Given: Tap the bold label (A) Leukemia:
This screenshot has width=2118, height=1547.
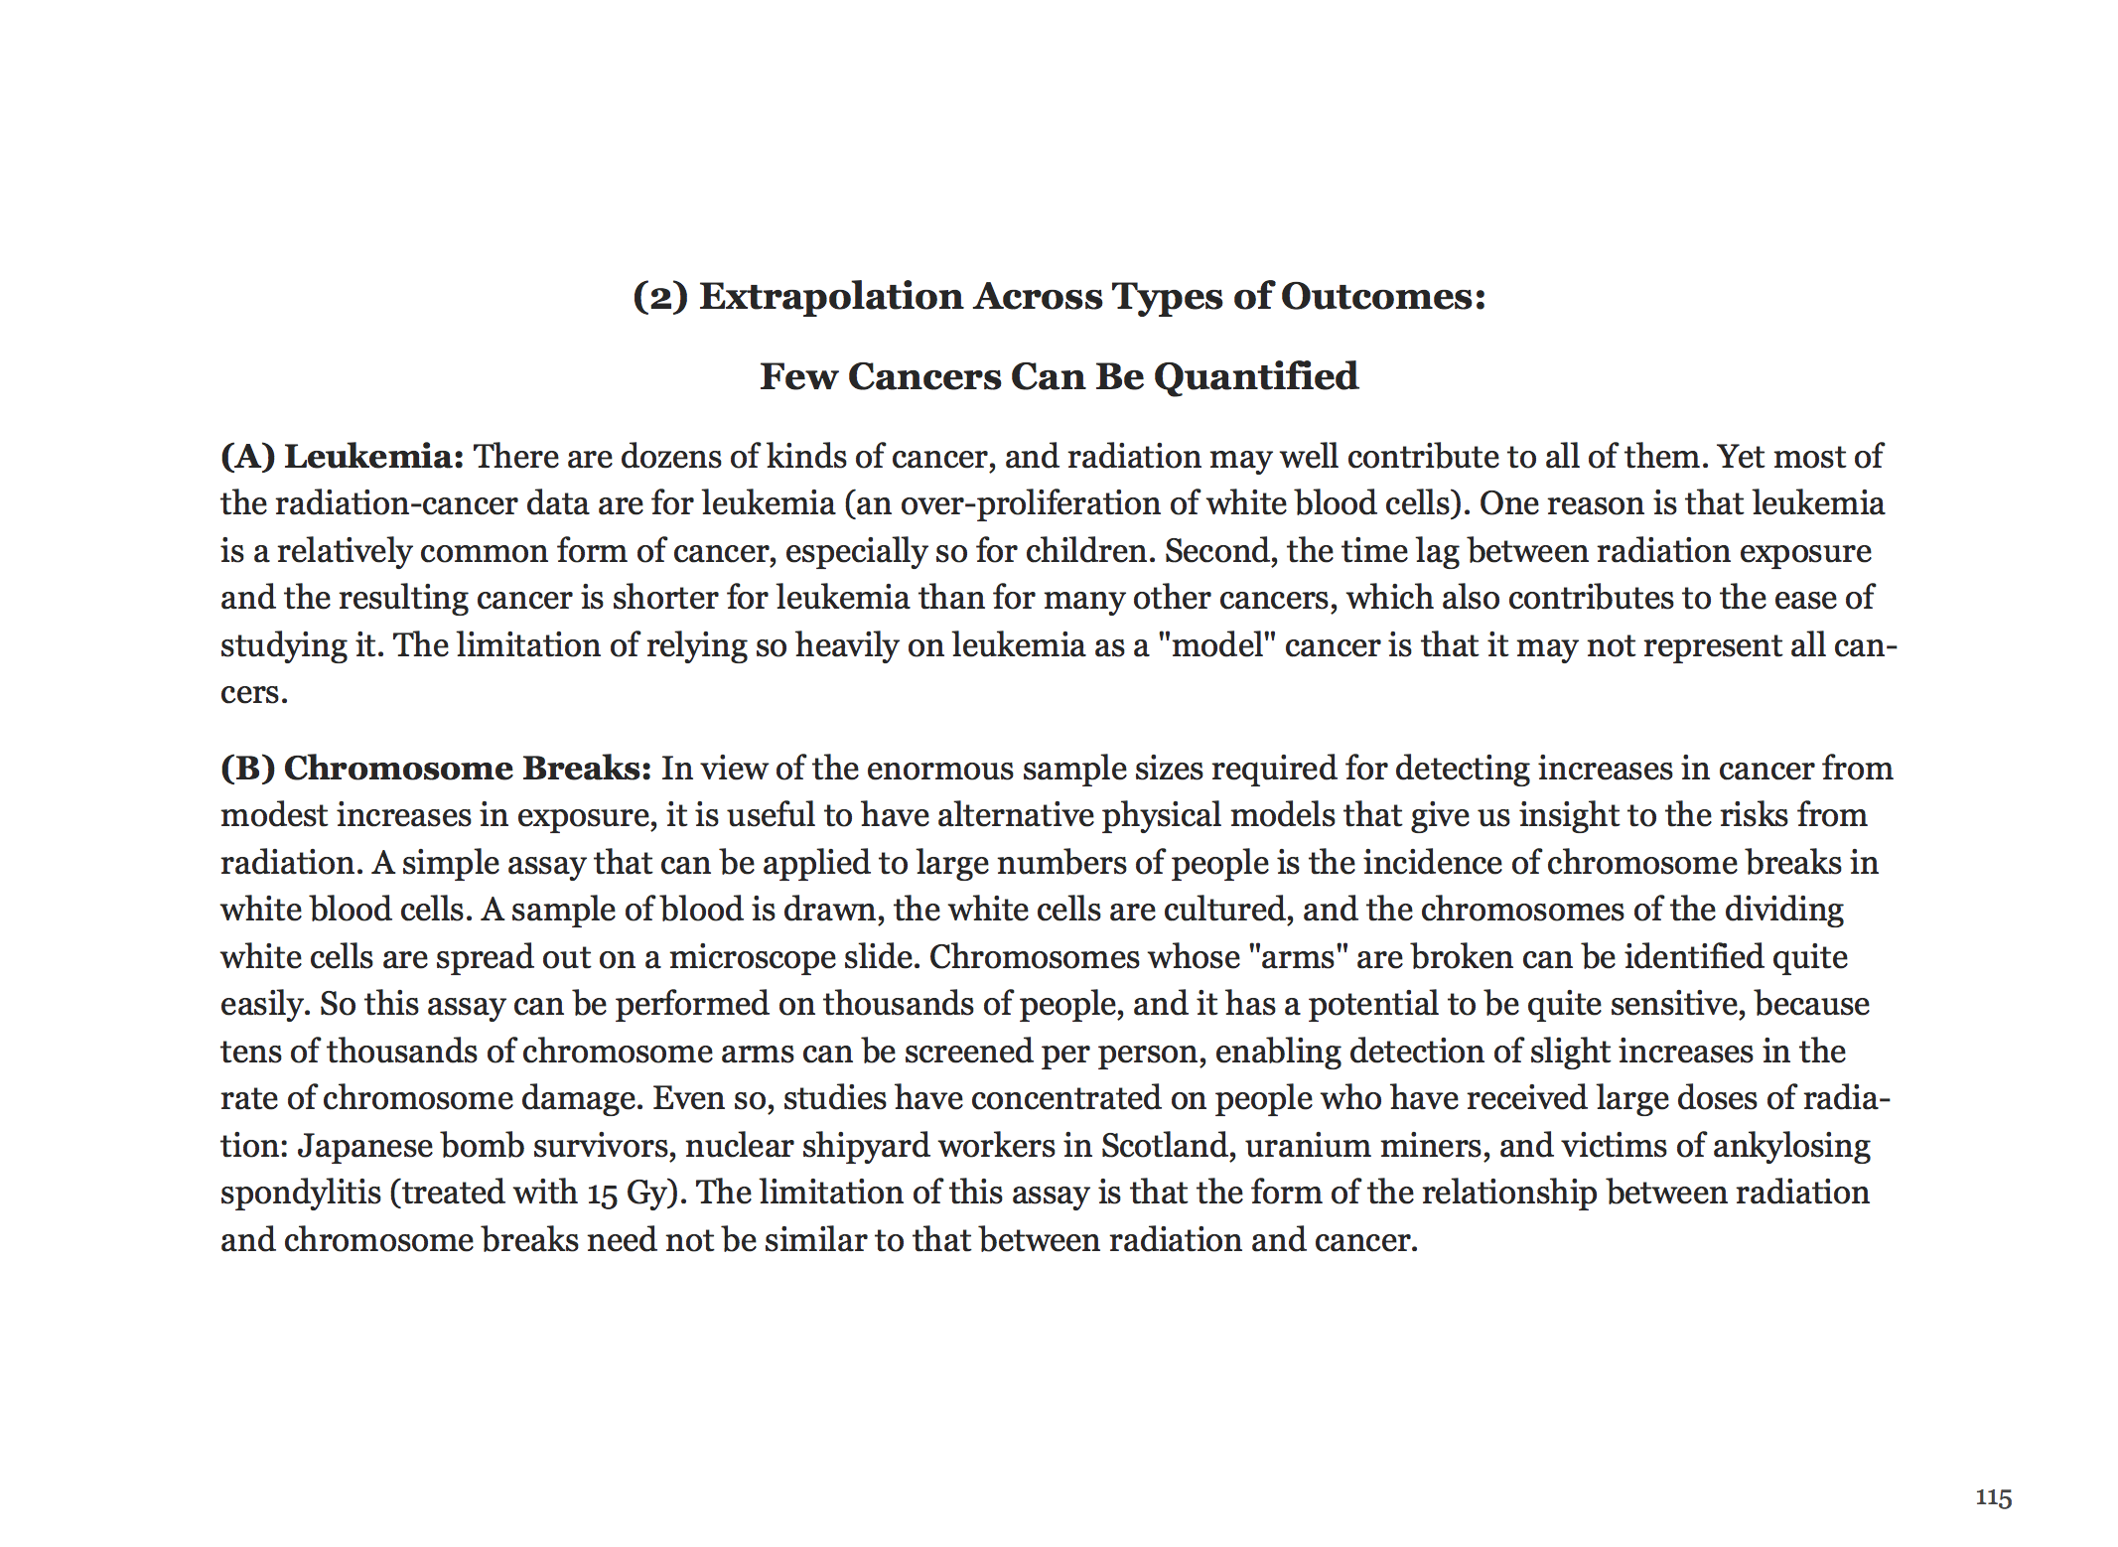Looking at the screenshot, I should click(x=342, y=457).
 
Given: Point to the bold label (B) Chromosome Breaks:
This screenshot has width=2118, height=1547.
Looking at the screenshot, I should click(x=435, y=769).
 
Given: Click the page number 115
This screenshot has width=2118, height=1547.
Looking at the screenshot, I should click(x=1993, y=1497).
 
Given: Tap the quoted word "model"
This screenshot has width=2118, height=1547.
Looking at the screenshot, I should click(x=1216, y=645).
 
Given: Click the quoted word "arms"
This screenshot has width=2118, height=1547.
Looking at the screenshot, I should click(x=1297, y=957).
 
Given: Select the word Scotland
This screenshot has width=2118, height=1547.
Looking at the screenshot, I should click(x=1167, y=1146).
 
